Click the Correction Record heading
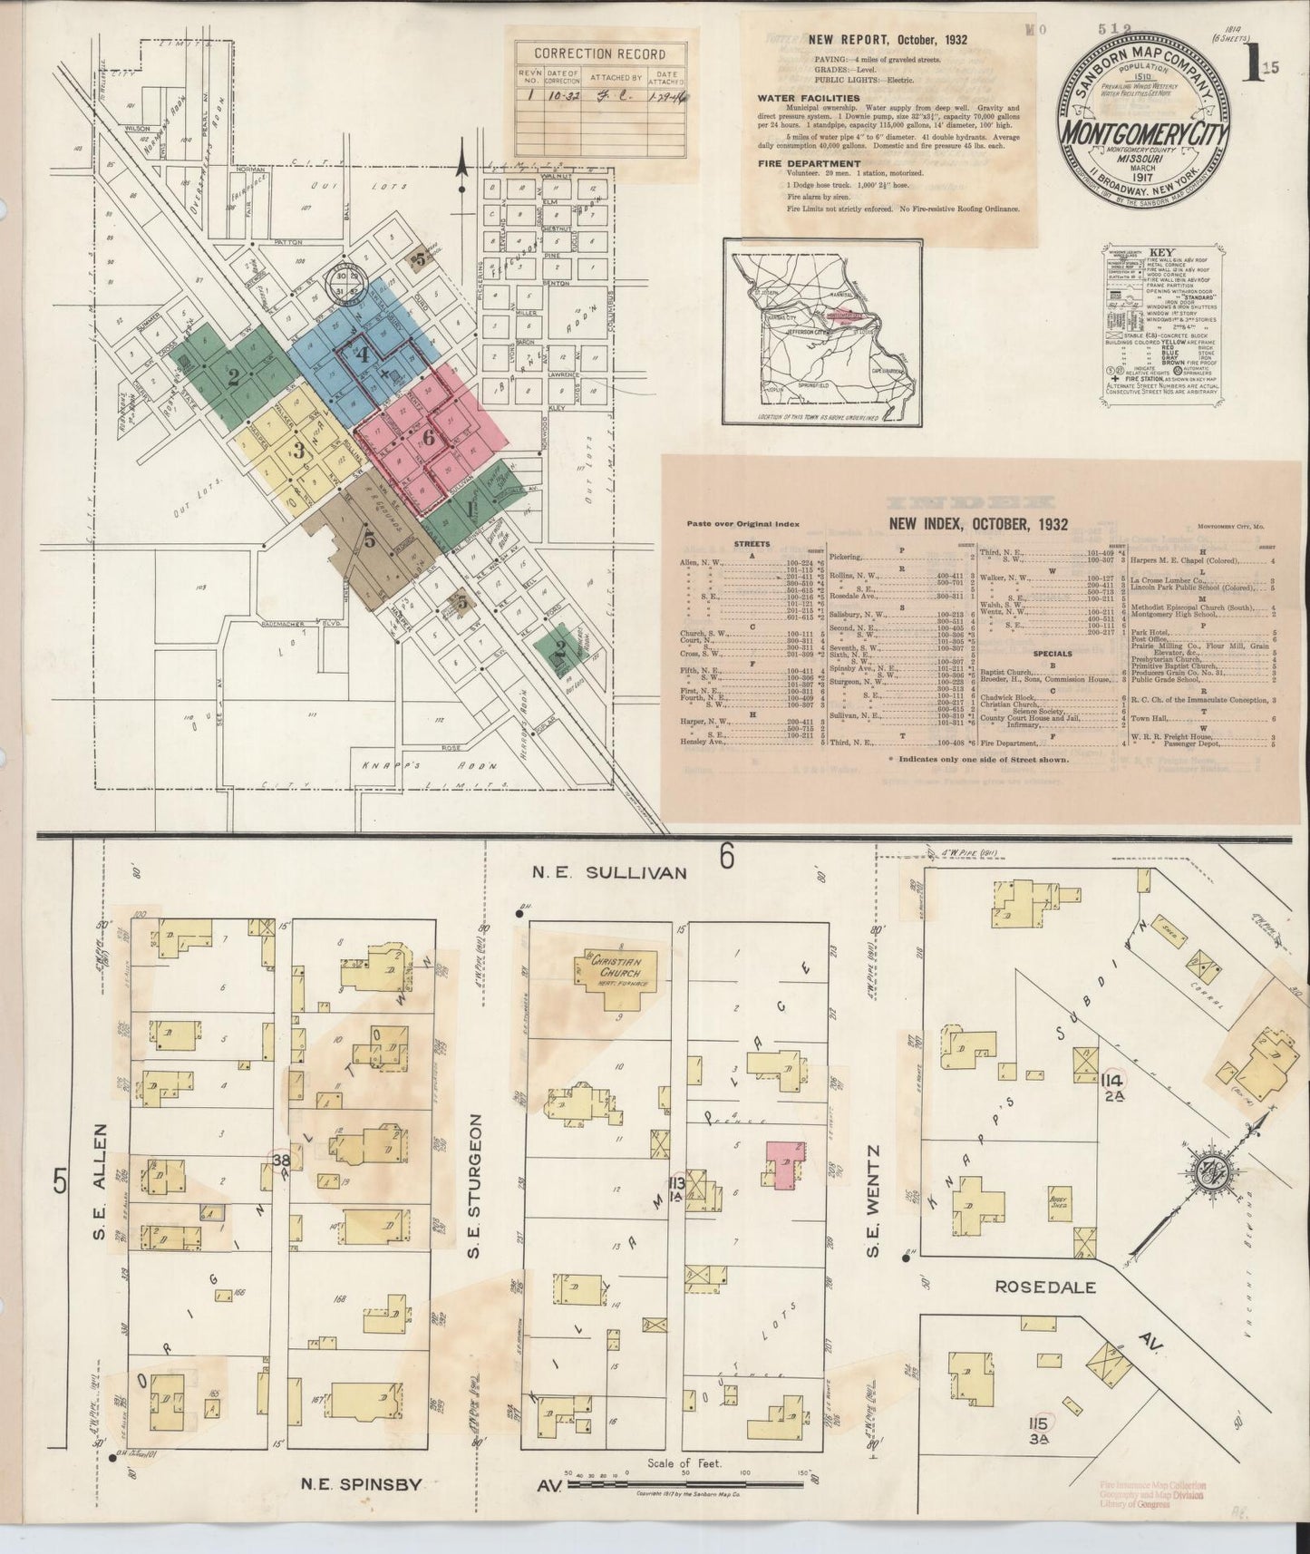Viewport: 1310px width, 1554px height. tap(599, 53)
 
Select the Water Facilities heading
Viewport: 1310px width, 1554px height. tap(809, 98)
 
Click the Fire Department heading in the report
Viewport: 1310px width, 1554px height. tap(809, 164)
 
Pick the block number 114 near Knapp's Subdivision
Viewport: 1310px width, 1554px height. tap(1113, 1081)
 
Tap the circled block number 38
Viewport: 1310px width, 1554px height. tap(281, 1159)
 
